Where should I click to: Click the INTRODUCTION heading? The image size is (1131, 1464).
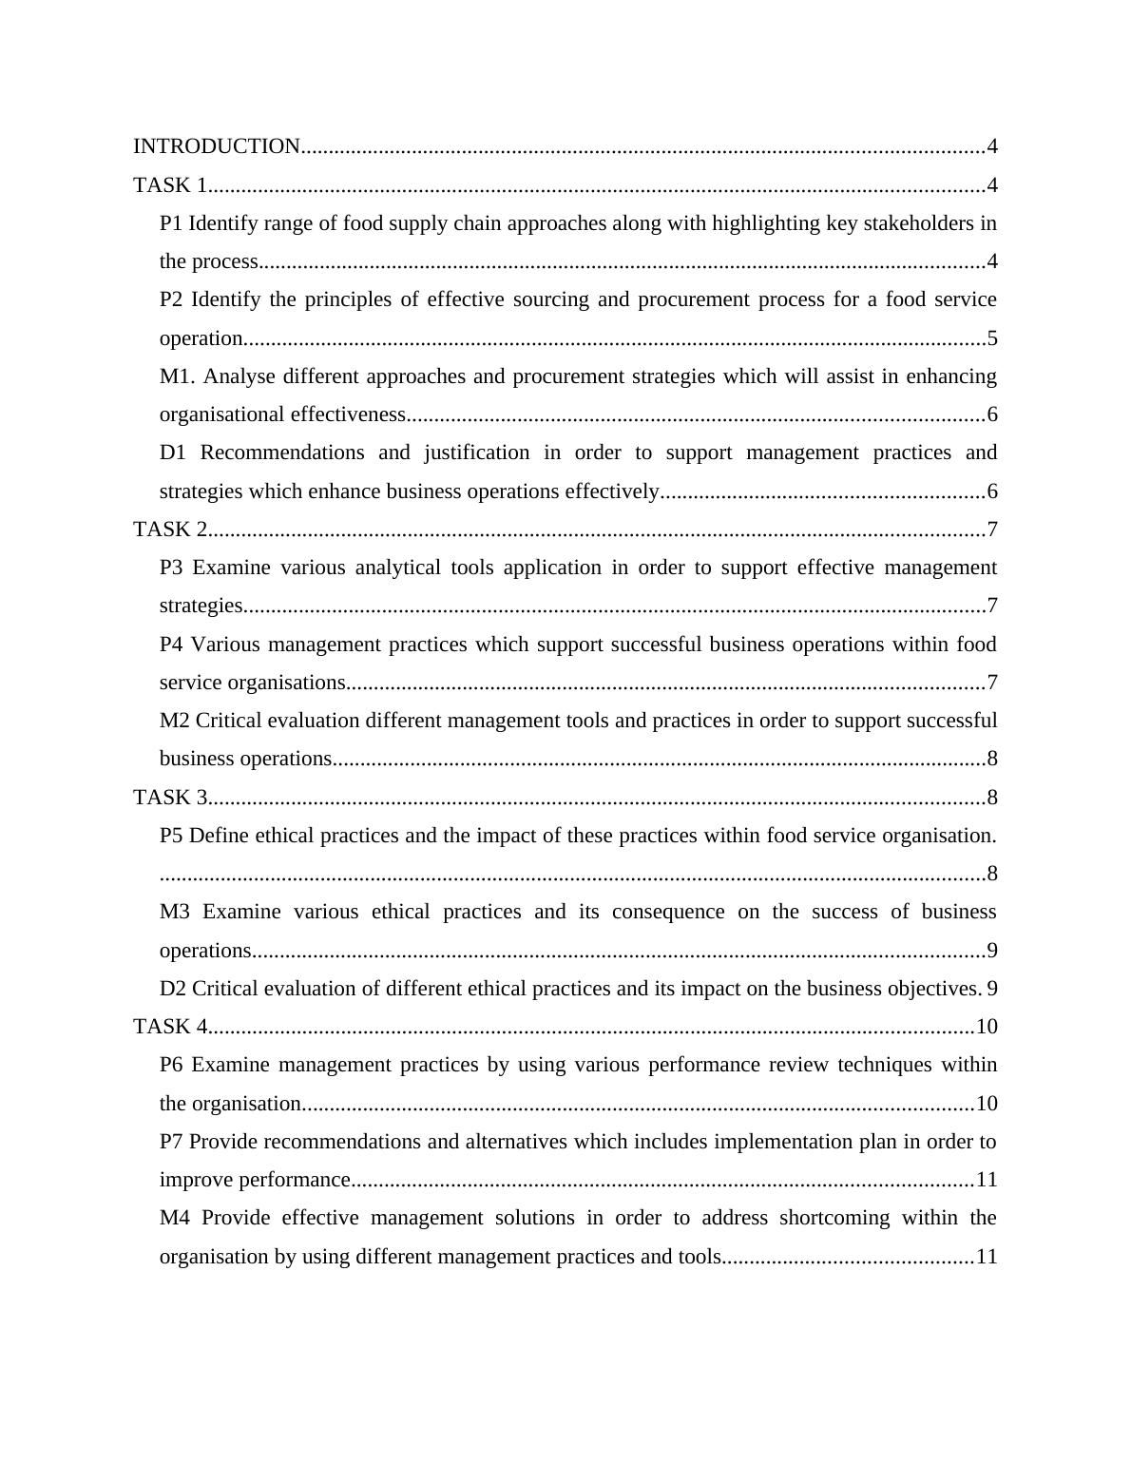click(x=217, y=146)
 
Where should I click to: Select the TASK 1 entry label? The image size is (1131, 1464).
click(x=170, y=185)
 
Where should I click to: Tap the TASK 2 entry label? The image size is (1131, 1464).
click(x=170, y=530)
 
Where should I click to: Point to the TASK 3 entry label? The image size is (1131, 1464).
click(x=170, y=798)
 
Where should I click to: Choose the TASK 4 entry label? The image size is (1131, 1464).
click(x=170, y=1027)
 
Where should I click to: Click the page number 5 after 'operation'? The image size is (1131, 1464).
click(x=992, y=338)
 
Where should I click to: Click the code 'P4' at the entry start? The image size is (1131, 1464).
click(x=171, y=645)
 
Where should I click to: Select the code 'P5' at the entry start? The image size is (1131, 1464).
click(x=171, y=836)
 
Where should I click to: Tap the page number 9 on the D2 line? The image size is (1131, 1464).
click(x=992, y=989)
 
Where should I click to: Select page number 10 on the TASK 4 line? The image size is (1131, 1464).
click(x=987, y=1027)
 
